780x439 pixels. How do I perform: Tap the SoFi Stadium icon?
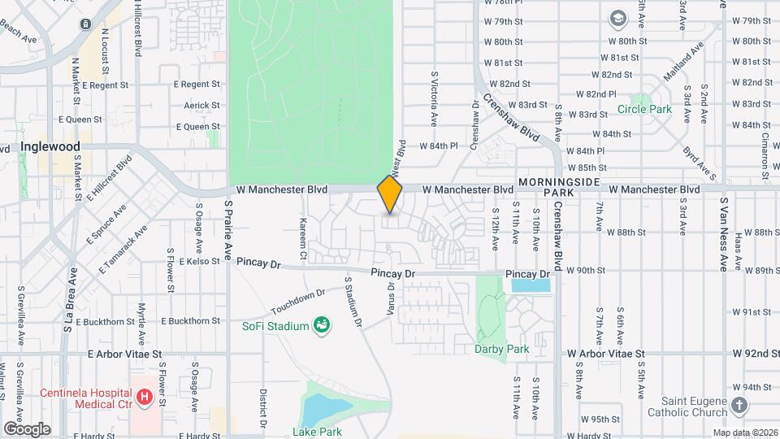323,326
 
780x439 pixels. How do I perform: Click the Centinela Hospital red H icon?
145,398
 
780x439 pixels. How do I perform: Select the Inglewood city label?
50,147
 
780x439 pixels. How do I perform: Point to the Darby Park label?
501,349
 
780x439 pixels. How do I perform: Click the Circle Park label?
644,109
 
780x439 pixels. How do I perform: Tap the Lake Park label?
318,432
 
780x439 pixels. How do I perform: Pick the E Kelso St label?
197,261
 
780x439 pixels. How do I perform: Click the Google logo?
27,428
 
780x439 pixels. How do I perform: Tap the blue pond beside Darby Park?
531,282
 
